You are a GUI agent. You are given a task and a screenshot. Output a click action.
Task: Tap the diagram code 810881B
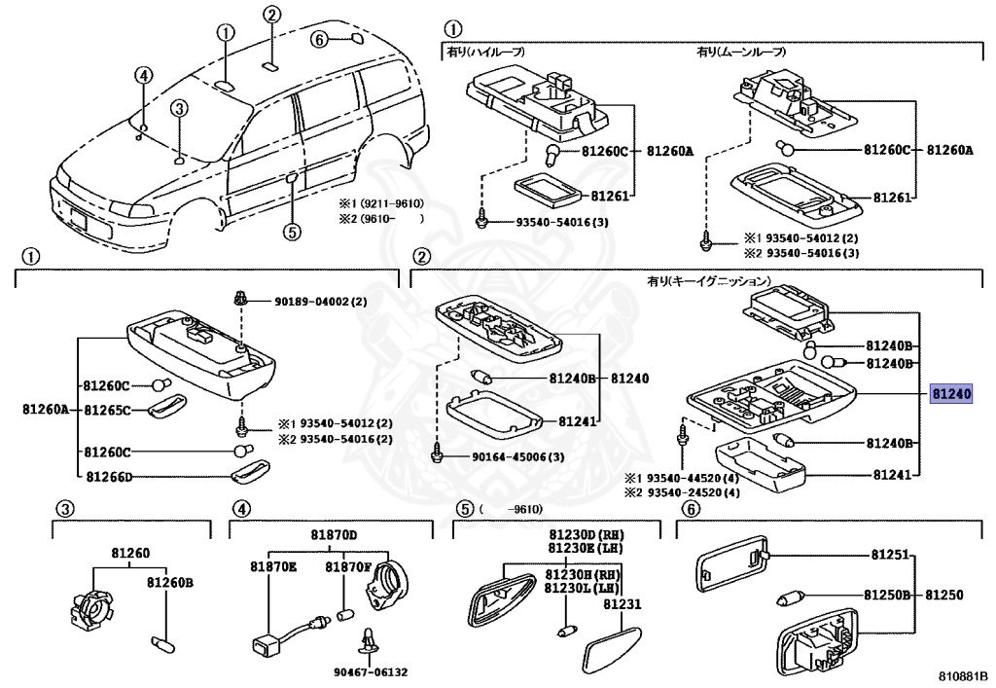point(963,674)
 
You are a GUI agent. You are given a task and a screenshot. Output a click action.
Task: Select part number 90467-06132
point(371,670)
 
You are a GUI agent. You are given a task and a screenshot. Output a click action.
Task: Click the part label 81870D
point(335,535)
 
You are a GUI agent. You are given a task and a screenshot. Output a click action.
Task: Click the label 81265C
point(107,410)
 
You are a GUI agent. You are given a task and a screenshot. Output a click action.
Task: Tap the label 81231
point(622,604)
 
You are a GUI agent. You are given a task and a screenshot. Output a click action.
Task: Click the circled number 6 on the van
point(319,39)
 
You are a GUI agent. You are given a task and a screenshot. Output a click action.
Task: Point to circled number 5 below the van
point(291,231)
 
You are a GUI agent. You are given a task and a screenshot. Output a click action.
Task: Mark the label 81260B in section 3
point(170,583)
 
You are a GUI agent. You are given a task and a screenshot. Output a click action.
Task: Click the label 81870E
point(271,566)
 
